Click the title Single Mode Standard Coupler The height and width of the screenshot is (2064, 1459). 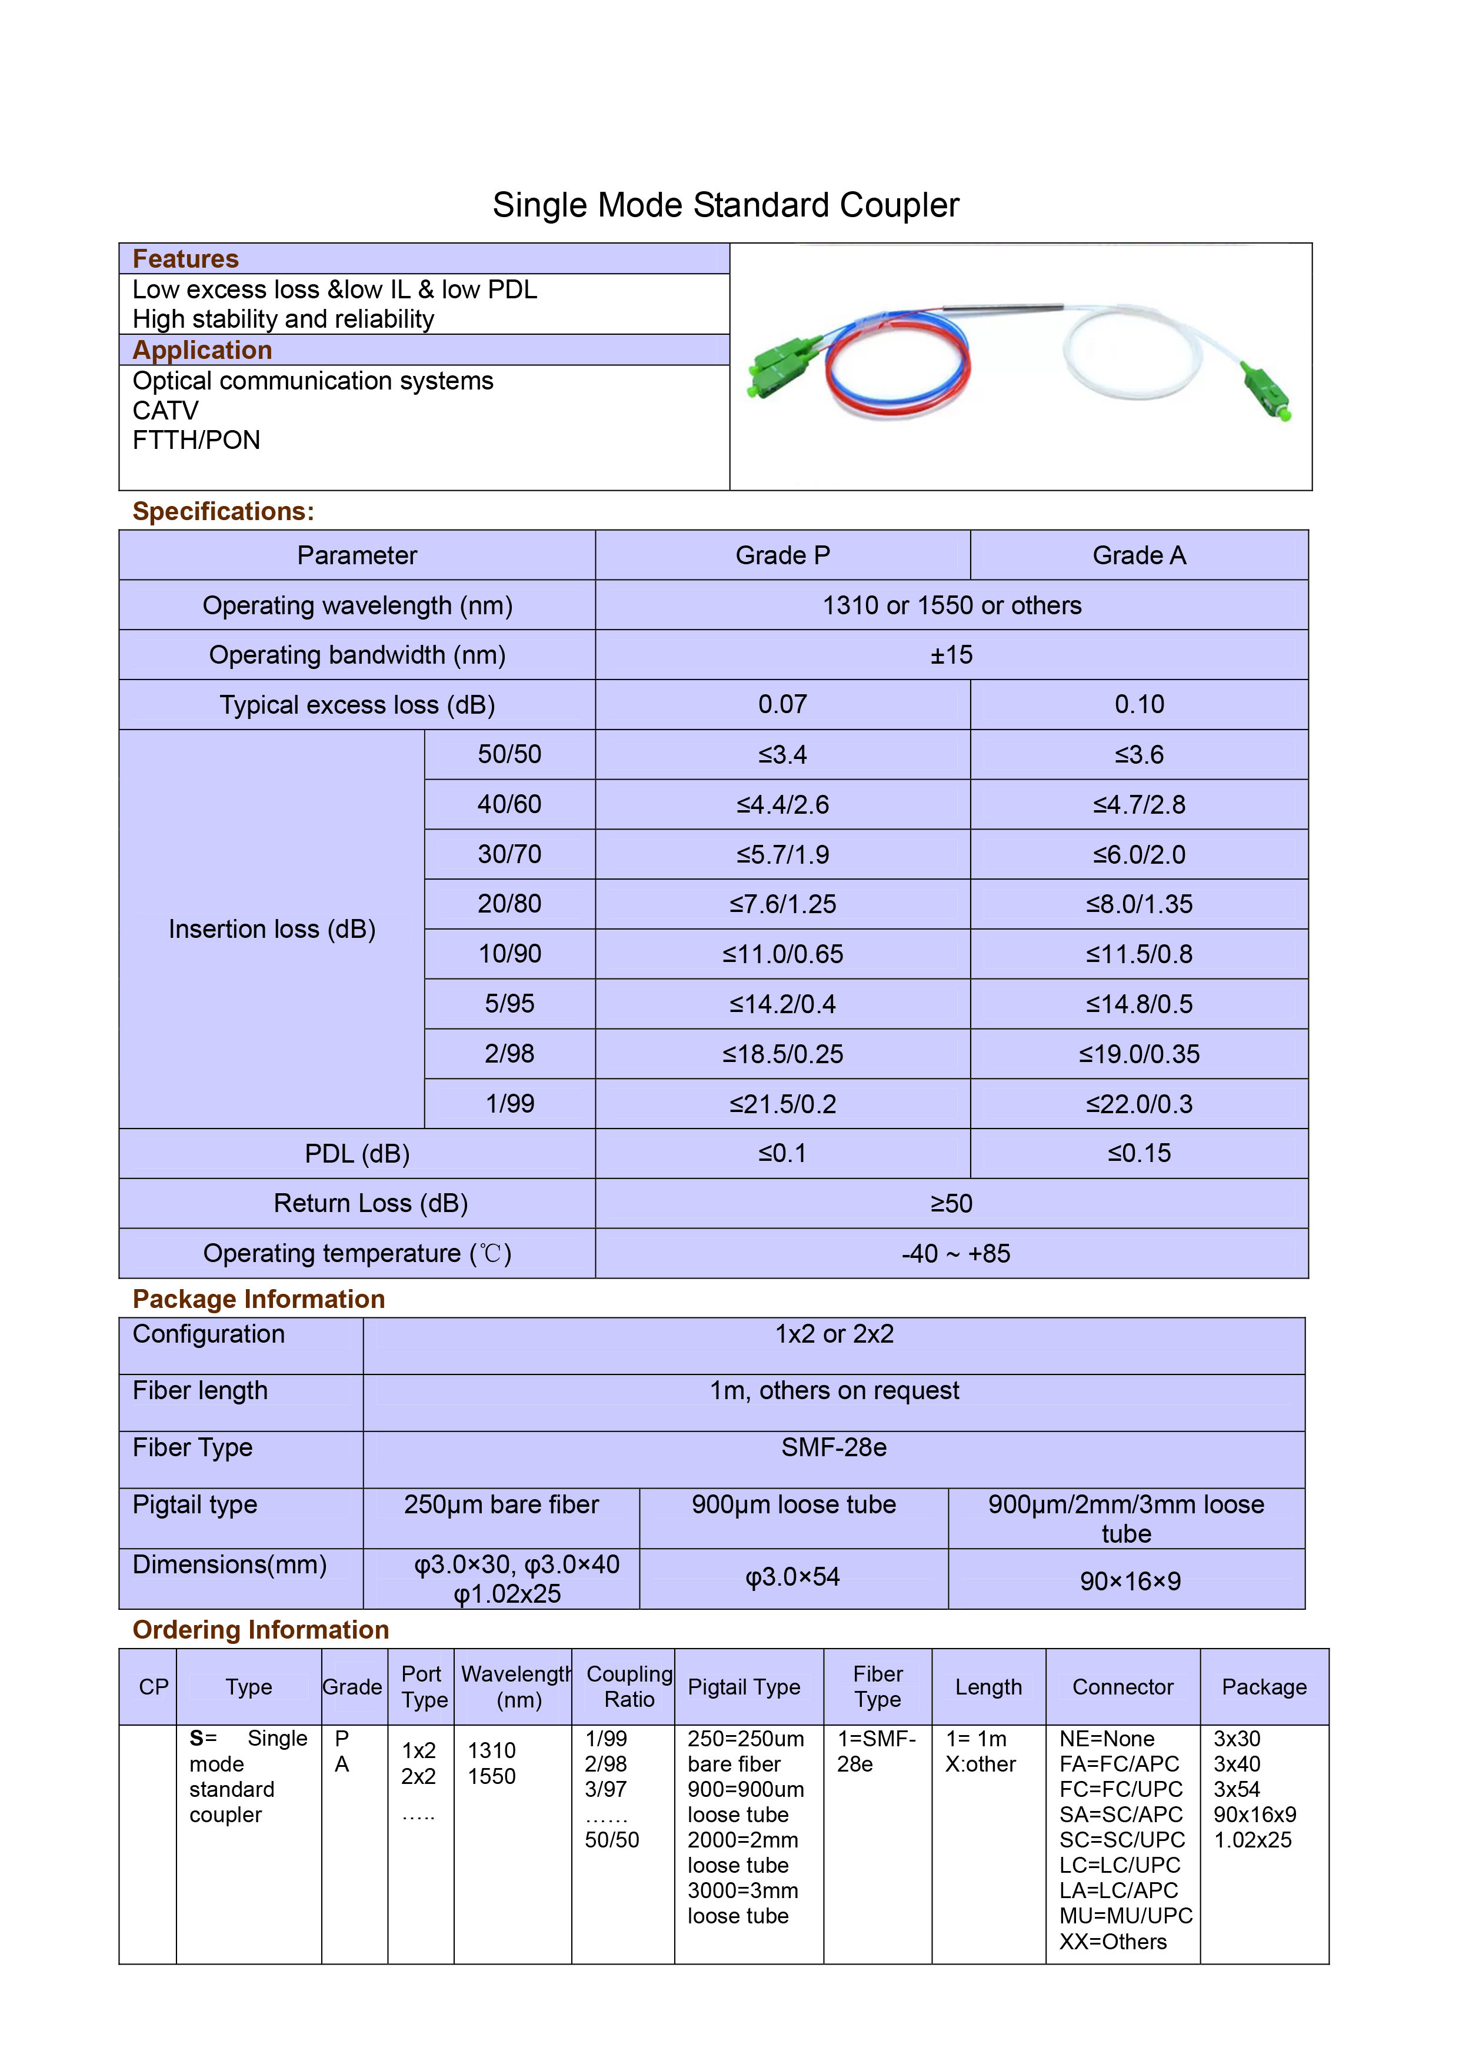725,205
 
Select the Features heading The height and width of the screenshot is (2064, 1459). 185,259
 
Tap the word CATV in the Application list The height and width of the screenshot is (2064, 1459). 165,411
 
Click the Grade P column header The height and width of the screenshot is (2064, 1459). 782,555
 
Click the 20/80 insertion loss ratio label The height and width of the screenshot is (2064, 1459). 509,904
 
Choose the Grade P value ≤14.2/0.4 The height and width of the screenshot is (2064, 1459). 782,1004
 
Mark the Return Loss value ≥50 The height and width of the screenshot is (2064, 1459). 951,1204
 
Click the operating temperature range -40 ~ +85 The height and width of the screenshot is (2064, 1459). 955,1253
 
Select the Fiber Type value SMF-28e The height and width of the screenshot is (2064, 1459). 833,1447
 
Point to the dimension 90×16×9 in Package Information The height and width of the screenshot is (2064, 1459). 1130,1582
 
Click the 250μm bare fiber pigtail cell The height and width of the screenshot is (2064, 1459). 501,1505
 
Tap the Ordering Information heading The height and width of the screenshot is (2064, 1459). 261,1630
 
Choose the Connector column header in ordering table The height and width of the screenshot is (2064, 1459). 1123,1687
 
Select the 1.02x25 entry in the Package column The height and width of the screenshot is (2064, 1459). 1253,1840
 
